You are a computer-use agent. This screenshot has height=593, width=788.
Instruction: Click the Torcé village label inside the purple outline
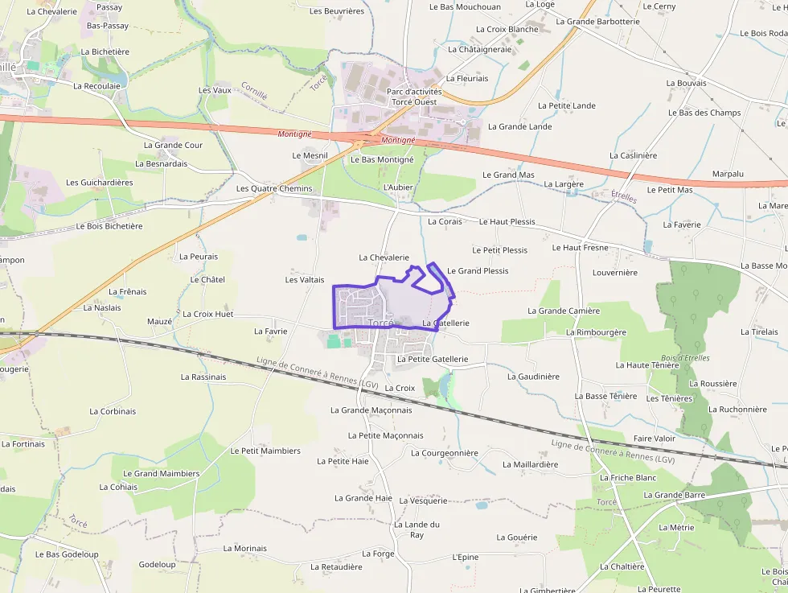pos(380,323)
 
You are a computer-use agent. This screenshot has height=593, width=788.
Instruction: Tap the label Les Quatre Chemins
pos(273,188)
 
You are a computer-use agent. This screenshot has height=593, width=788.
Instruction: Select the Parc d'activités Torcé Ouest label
pos(414,97)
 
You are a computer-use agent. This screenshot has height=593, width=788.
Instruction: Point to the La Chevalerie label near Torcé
pos(384,257)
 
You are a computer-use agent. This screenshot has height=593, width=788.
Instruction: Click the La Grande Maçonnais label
pos(371,410)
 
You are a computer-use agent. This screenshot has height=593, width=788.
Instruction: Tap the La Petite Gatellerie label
pos(433,359)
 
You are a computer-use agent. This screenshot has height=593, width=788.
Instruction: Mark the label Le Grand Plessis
pos(478,270)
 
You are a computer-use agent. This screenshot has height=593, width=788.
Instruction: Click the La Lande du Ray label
pos(417,529)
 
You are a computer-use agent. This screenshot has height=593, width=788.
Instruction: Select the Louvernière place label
pos(614,272)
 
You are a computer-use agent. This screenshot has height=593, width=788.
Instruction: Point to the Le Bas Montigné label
pos(382,159)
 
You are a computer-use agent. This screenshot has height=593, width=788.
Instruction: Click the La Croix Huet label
pos(208,314)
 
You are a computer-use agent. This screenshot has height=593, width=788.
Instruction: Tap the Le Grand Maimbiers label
pos(162,473)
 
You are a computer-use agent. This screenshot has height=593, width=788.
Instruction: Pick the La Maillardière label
pos(530,464)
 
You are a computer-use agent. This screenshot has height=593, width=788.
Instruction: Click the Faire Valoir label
pos(655,438)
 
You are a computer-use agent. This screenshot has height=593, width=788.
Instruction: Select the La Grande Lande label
pos(519,126)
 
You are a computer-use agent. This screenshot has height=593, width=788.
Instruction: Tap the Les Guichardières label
pos(100,182)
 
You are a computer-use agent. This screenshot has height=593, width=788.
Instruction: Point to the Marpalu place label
pos(728,174)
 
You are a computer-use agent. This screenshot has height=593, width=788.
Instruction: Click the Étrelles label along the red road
pos(624,196)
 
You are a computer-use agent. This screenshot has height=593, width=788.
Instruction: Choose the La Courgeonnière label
pos(444,452)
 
